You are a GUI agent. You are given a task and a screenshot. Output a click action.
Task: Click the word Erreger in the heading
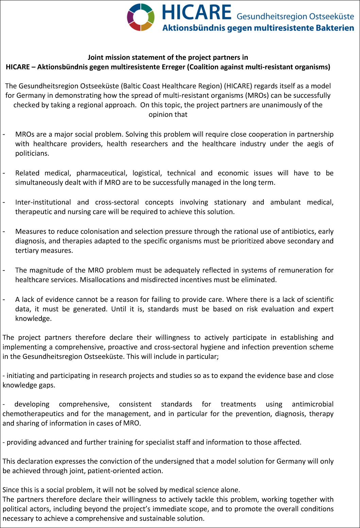click(x=172, y=67)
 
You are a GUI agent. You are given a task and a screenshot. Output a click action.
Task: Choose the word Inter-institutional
click(x=43, y=202)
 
